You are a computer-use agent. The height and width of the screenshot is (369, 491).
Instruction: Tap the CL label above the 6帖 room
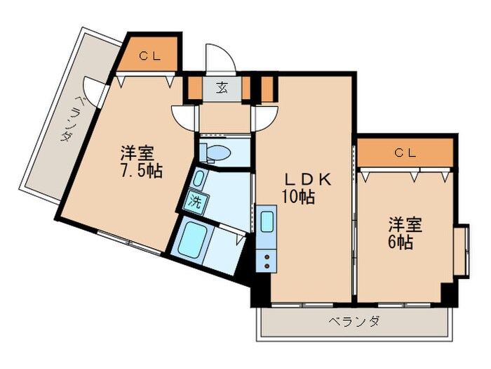coord(403,152)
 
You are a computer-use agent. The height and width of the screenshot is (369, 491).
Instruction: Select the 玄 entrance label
coord(222,89)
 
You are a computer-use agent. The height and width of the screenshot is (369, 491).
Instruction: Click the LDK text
coord(304,180)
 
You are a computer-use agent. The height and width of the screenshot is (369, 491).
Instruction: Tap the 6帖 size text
coord(401,242)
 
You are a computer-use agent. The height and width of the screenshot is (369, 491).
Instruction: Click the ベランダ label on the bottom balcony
coord(354,322)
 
